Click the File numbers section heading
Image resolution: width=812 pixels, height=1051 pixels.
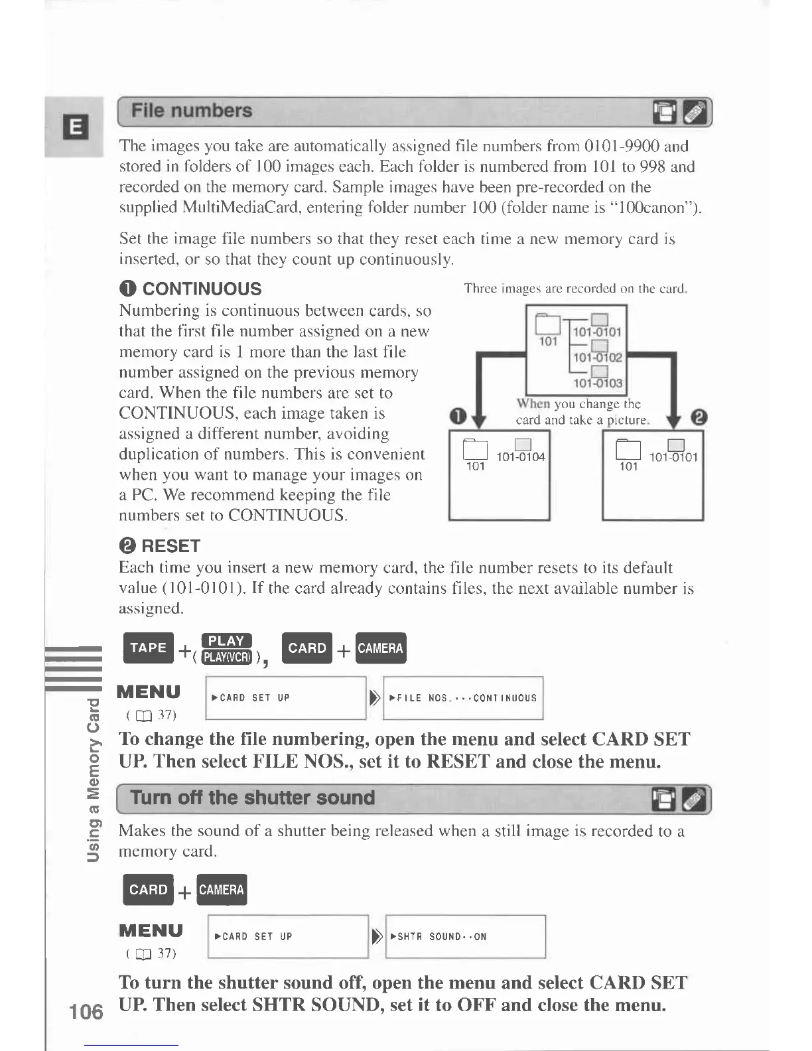[192, 111]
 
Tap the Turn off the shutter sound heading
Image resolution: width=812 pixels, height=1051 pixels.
[253, 798]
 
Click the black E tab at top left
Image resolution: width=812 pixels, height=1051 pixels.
[76, 126]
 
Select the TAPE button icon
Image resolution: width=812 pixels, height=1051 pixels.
[148, 648]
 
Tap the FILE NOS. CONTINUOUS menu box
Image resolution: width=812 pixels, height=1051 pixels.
[463, 698]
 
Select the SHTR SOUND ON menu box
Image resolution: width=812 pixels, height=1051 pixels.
[465, 937]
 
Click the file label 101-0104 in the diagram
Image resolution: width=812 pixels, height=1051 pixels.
[521, 456]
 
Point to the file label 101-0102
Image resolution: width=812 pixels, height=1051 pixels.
[598, 357]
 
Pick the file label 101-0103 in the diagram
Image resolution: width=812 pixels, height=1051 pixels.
[598, 383]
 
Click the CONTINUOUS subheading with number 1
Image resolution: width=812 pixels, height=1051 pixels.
[190, 289]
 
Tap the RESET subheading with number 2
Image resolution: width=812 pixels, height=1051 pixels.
[159, 546]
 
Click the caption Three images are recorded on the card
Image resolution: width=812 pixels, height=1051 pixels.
[575, 289]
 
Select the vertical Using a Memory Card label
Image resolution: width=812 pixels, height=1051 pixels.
[94, 780]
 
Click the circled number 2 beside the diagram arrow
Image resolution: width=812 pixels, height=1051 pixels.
[699, 417]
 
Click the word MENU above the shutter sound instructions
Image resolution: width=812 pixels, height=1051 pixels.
[151, 930]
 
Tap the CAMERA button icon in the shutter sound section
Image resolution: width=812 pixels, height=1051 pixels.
[222, 890]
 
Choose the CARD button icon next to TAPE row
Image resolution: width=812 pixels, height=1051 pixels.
[307, 648]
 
